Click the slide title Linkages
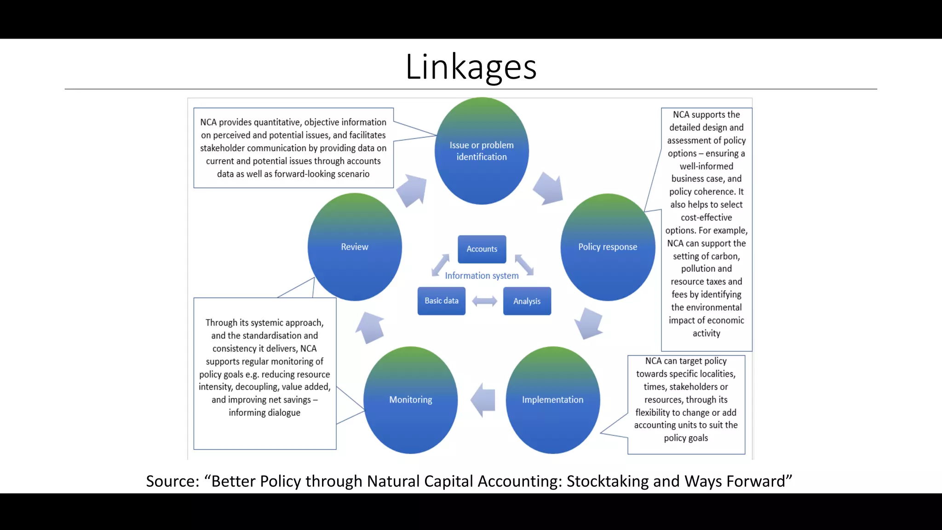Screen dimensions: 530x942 pos(471,67)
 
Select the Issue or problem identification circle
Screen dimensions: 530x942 pos(482,151)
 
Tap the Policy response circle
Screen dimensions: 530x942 pos(608,247)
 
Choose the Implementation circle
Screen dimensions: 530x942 pos(552,400)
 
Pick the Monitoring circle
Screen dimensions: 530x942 pos(410,400)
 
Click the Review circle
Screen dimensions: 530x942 pos(355,247)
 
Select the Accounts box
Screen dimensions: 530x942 pos(482,249)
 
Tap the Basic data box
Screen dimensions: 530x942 pos(441,301)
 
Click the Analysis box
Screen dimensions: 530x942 pos(527,301)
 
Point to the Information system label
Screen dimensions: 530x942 pos(482,276)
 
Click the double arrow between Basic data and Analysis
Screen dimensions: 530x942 pos(484,301)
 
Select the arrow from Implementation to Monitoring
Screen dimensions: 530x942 pos(483,400)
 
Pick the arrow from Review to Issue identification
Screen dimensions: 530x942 pos(412,190)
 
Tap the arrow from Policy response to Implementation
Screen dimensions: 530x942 pos(588,323)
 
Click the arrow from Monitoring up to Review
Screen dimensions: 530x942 pos(370,328)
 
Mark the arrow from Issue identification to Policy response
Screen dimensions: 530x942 pos(548,188)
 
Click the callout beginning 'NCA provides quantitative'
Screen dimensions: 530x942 pos(293,148)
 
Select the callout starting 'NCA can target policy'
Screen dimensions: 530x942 pos(686,399)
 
